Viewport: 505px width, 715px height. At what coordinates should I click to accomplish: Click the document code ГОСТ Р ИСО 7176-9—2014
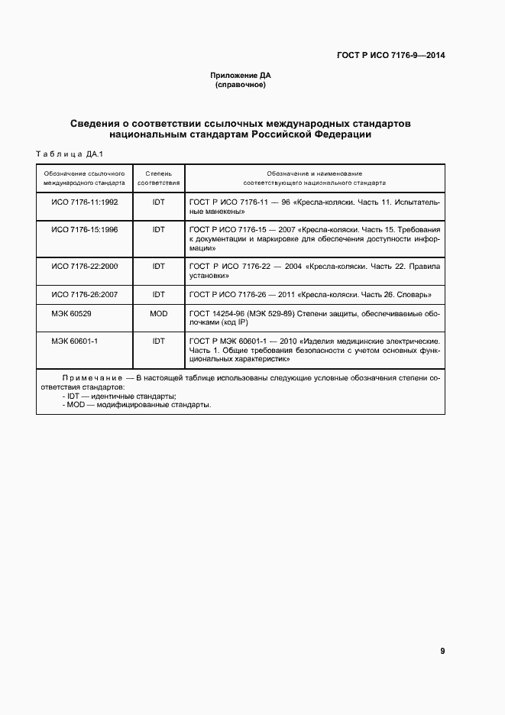click(391, 56)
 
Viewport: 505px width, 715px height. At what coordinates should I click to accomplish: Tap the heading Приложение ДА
click(241, 76)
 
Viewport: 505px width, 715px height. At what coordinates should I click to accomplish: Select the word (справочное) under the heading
click(241, 85)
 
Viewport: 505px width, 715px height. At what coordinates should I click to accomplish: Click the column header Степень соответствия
click(159, 179)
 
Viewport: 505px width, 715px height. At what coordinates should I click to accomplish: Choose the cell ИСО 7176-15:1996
click(84, 229)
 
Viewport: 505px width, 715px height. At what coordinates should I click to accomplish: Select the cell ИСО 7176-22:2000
click(84, 266)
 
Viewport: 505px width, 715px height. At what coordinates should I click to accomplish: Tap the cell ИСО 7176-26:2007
click(84, 294)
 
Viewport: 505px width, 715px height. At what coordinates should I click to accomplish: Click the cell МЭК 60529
click(68, 313)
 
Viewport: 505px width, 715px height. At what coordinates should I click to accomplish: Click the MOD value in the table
click(159, 313)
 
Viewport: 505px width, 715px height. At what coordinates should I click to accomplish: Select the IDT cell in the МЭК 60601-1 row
click(159, 341)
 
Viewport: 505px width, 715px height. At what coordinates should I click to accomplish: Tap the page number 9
click(442, 651)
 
